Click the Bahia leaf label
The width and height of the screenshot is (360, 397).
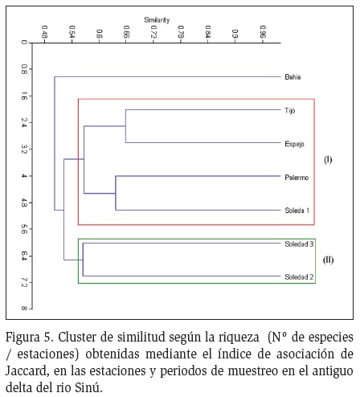tap(292, 77)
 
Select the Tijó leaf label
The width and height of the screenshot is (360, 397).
tap(290, 111)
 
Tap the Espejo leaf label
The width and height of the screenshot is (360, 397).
tap(294, 144)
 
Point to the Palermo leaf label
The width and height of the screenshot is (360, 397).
tap(297, 178)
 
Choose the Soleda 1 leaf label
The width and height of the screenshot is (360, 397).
tap(297, 211)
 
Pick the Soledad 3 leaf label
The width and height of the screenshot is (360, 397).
tap(299, 244)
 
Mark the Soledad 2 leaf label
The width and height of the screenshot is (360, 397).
tap(299, 277)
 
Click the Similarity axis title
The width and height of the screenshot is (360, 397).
tap(157, 20)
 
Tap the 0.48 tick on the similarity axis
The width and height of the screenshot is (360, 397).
tap(44, 31)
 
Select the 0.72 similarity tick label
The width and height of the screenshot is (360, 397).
tap(153, 31)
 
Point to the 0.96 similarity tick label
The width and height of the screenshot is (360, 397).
tap(263, 31)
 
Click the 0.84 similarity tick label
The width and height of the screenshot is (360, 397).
tap(208, 31)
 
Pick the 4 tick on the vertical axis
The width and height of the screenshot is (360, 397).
tap(24, 176)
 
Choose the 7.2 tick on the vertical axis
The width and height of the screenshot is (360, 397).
tap(24, 282)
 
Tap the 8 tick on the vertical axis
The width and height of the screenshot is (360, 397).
tap(24, 309)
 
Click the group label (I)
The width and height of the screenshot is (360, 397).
tap(328, 160)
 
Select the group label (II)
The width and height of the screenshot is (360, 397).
tap(328, 260)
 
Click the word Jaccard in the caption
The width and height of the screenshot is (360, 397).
tap(27, 371)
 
